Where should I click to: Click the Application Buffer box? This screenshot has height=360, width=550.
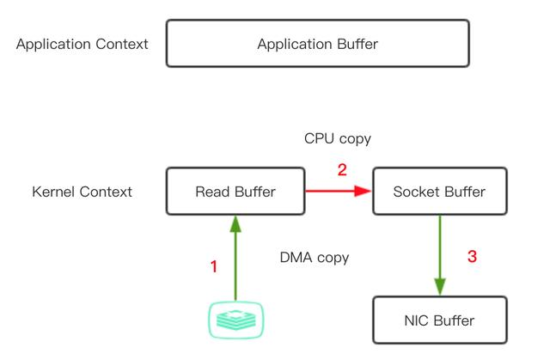coord(317,44)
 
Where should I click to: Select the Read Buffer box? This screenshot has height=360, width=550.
coord(235,192)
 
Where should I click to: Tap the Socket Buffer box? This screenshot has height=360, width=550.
coord(439,192)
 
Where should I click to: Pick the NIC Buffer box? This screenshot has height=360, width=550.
coord(439,320)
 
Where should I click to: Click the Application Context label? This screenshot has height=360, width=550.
coord(82,44)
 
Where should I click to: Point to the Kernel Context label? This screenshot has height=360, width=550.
coord(82,192)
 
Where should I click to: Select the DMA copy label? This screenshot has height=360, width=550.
coord(315,257)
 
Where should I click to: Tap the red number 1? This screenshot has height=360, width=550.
coord(214,267)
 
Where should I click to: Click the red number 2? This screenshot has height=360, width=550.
coord(341,170)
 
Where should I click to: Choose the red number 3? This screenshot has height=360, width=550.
coord(472,256)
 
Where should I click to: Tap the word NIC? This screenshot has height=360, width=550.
coord(418,320)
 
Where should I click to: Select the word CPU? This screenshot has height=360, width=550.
coord(320,138)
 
